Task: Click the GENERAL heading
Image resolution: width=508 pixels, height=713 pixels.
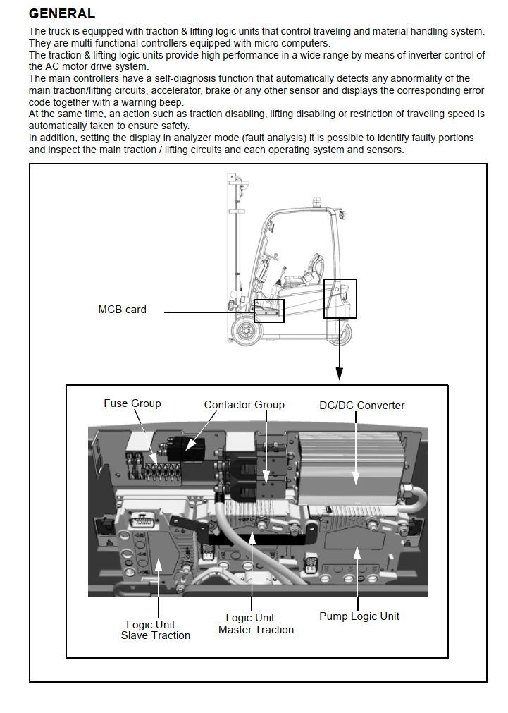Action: click(62, 14)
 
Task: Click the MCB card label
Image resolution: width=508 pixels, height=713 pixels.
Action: click(122, 310)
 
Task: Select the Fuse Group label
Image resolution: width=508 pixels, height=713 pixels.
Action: click(132, 403)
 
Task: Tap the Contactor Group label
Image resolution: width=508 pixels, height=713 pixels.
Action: click(244, 405)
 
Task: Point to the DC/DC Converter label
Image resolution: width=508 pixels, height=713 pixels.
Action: click(362, 406)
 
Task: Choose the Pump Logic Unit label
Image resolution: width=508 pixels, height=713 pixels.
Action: click(359, 616)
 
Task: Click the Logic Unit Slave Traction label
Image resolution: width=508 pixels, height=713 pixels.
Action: click(155, 630)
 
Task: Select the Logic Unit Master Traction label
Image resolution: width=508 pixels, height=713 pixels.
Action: click(256, 624)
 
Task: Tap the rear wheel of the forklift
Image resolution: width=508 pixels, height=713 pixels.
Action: click(340, 331)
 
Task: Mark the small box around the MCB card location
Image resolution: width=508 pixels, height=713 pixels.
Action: click(268, 311)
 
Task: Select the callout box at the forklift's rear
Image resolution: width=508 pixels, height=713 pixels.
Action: click(340, 298)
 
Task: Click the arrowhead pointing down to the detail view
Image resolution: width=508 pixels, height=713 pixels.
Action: click(340, 376)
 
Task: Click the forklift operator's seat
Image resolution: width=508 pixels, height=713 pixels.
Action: click(305, 272)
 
